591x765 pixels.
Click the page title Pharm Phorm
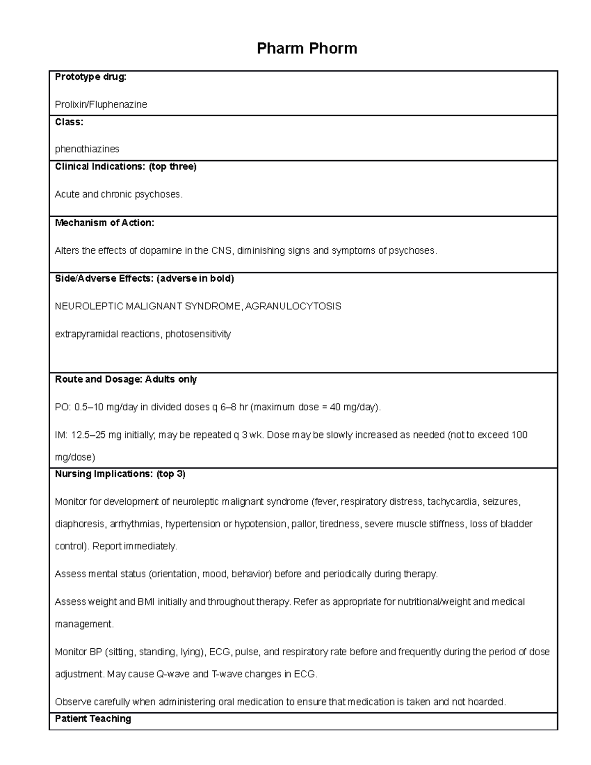click(307, 48)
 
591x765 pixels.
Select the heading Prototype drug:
click(91, 77)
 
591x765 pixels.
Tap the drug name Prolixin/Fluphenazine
click(101, 104)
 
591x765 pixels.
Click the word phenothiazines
click(87, 149)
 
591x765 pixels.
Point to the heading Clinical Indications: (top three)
click(126, 166)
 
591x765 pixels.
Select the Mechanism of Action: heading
click(104, 223)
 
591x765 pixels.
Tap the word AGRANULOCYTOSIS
click(293, 306)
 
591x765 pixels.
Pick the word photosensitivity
click(198, 334)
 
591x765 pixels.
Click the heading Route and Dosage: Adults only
click(126, 379)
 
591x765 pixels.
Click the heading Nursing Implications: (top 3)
click(120, 474)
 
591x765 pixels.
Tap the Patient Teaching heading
click(93, 719)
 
